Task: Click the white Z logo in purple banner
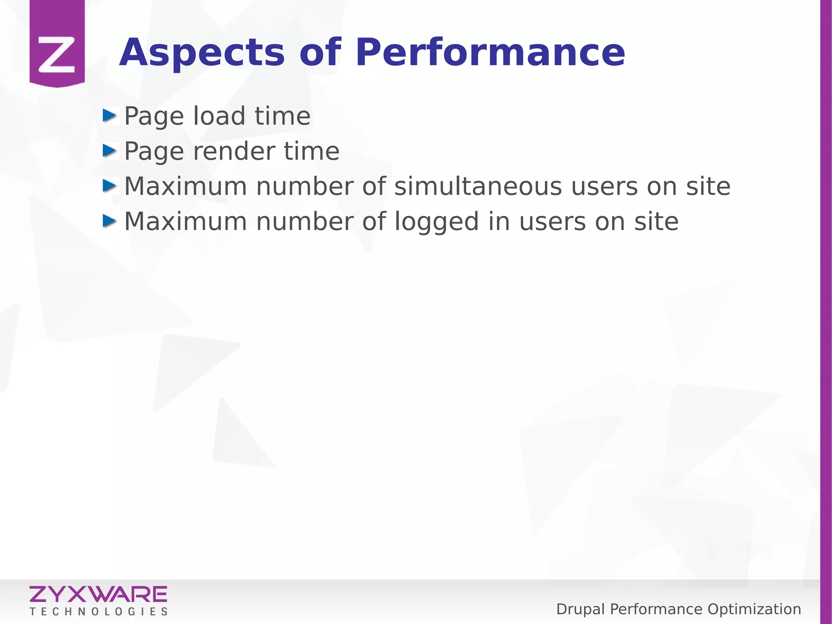click(56, 54)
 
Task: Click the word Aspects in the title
click(202, 53)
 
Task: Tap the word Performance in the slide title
click(490, 53)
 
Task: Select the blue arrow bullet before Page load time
click(109, 115)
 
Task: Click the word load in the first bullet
click(219, 116)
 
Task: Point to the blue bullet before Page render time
click(109, 150)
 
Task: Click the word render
click(233, 152)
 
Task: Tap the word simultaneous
click(478, 187)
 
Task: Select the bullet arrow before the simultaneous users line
click(109, 186)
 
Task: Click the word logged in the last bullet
click(436, 222)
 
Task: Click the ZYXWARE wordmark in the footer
click(98, 594)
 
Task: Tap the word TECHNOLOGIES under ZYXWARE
click(98, 612)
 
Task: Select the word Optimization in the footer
click(754, 609)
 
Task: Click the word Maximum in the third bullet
click(185, 187)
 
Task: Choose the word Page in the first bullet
click(154, 117)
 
